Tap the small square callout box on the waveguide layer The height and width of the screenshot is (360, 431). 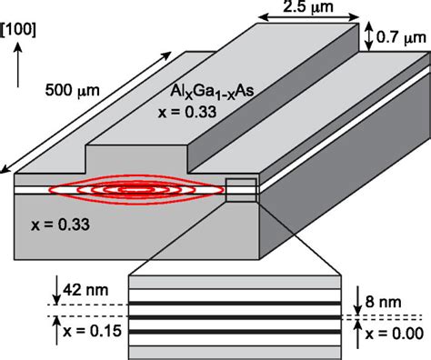tap(242, 192)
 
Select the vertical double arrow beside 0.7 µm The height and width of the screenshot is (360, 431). tap(368, 37)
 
